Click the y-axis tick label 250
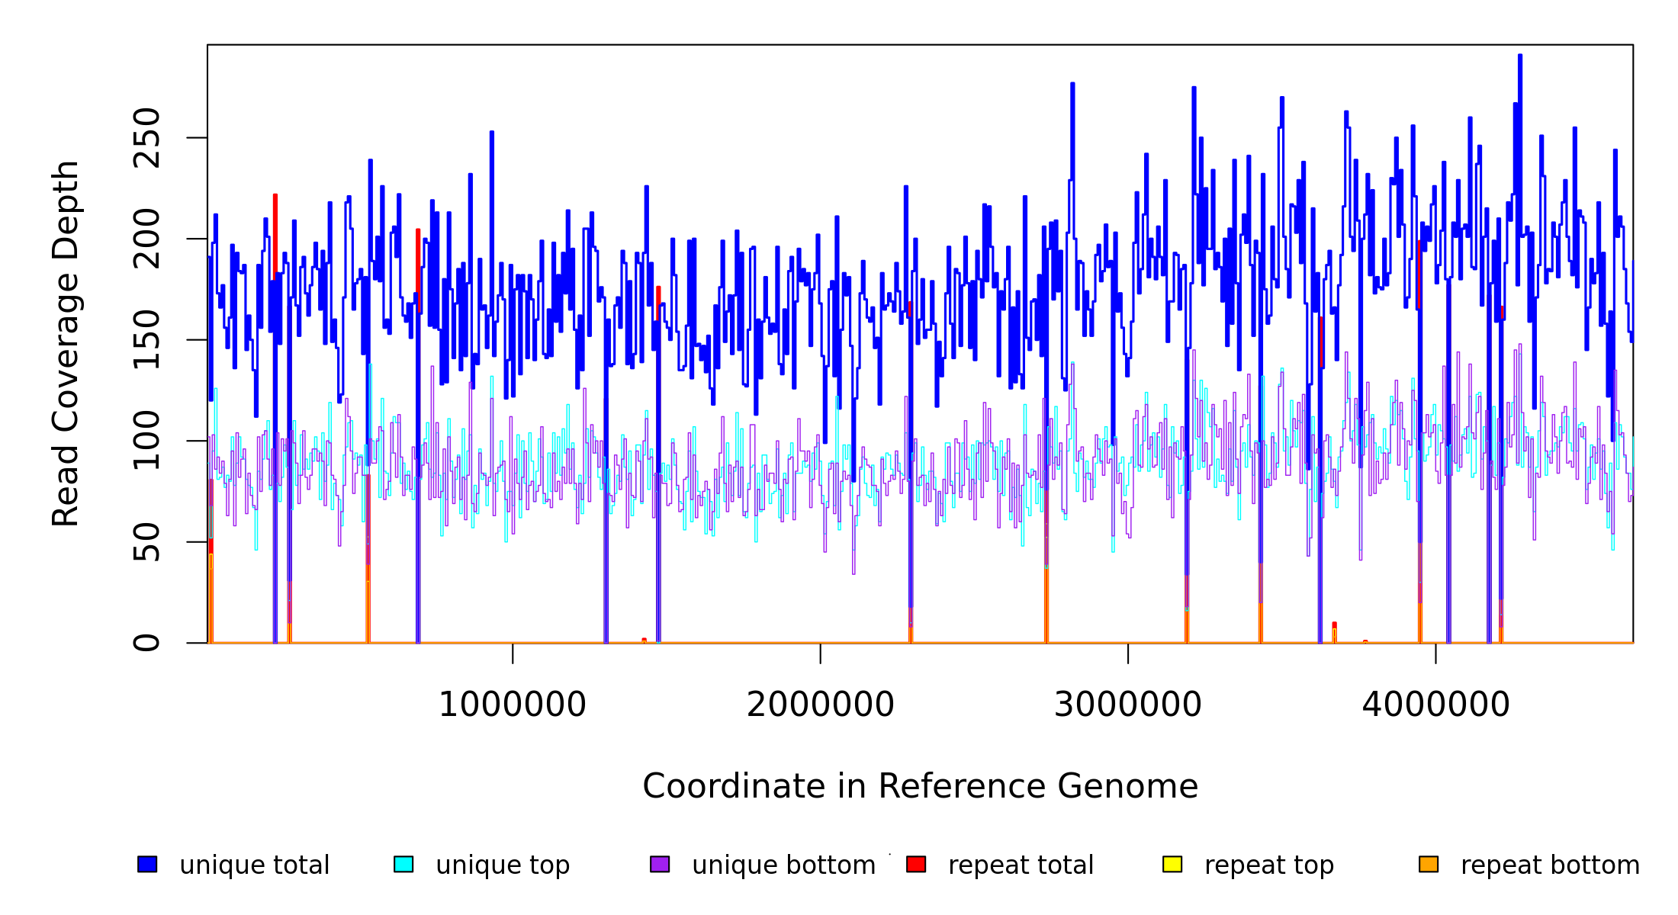146,138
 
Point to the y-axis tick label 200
146,239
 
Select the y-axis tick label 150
146,339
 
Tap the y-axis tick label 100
146,441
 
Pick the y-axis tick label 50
146,541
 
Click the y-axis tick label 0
146,643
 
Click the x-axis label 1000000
513,705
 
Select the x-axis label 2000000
821,705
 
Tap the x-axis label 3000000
1128,705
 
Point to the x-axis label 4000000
1435,705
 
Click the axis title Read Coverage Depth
66,343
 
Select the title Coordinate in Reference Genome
920,786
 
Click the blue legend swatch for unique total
147,864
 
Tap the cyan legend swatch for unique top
403,864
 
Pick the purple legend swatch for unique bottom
660,864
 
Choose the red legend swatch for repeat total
916,864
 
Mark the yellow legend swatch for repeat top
1172,864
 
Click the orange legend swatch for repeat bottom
1429,864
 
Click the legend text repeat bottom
1550,865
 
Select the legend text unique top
503,865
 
